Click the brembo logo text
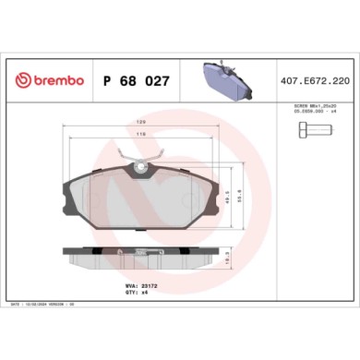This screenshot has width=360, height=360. coord(56,81)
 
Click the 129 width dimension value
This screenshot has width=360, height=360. coord(140,123)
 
